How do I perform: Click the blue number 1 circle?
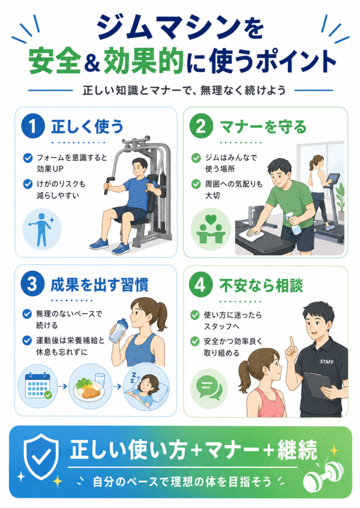[33, 126]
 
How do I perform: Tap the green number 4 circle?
[201, 285]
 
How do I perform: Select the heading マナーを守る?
[263, 127]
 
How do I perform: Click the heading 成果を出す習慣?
[100, 285]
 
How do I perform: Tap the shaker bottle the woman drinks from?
[119, 330]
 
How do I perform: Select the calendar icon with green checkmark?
[38, 386]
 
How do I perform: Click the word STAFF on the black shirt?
[327, 362]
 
